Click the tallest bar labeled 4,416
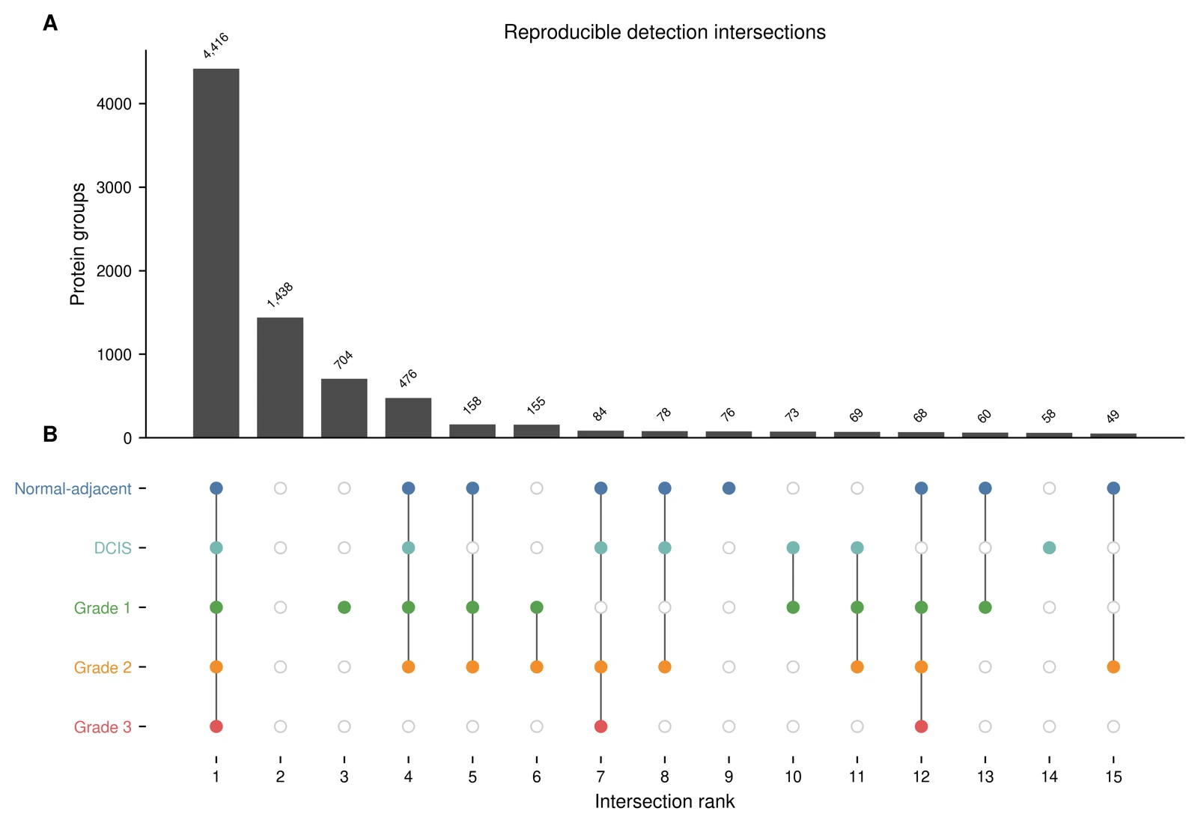pyautogui.click(x=216, y=253)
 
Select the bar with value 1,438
pyautogui.click(x=280, y=377)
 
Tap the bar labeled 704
pyautogui.click(x=344, y=408)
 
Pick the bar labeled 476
pyautogui.click(x=408, y=418)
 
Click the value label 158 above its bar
pyautogui.click(x=472, y=405)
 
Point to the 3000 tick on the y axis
pyautogui.click(x=114, y=188)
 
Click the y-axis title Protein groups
pyautogui.click(x=78, y=244)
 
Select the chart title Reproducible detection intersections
pyautogui.click(x=665, y=32)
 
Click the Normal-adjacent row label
pyautogui.click(x=73, y=488)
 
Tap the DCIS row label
pyautogui.click(x=112, y=548)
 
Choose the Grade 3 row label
pyautogui.click(x=103, y=727)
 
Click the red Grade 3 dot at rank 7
pyautogui.click(x=600, y=726)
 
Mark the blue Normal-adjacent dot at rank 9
pyautogui.click(x=729, y=488)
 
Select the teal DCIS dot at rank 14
pyautogui.click(x=1049, y=548)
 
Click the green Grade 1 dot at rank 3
pyautogui.click(x=344, y=607)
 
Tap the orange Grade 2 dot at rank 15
pyautogui.click(x=1113, y=667)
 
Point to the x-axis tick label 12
pyautogui.click(x=921, y=777)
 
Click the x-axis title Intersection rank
pyautogui.click(x=665, y=802)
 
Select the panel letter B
pyautogui.click(x=50, y=434)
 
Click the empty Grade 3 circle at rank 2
pyautogui.click(x=280, y=726)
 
